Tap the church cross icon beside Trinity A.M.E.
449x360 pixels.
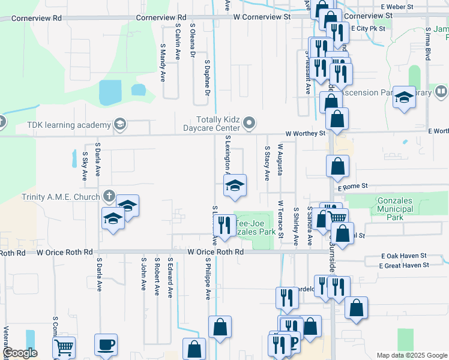pyautogui.click(x=109, y=196)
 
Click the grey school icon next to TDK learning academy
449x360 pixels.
pyautogui.click(x=119, y=125)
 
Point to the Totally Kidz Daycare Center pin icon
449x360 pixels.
pyautogui.click(x=249, y=124)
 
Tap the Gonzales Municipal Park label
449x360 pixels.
pyautogui.click(x=394, y=209)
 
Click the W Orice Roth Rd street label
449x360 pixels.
pyautogui.click(x=215, y=253)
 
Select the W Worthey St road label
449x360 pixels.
pyautogui.click(x=305, y=133)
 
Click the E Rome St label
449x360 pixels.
pyautogui.click(x=352, y=187)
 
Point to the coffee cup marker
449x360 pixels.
pyautogui.click(x=106, y=345)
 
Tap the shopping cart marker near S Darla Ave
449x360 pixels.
pyautogui.click(x=64, y=347)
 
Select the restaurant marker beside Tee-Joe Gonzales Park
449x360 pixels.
pyautogui.click(x=224, y=226)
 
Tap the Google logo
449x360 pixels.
pyautogui.click(x=20, y=353)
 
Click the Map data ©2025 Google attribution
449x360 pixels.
pyautogui.click(x=411, y=355)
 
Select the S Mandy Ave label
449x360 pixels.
pyautogui.click(x=163, y=62)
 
